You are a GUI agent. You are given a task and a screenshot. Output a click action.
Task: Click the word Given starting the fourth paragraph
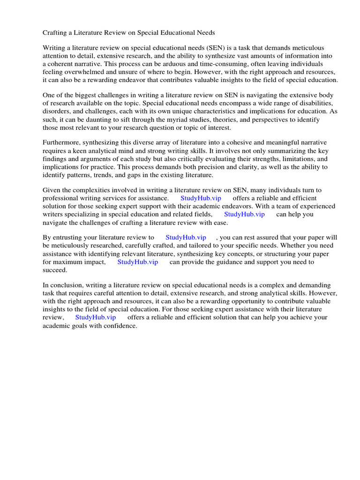click(x=52, y=190)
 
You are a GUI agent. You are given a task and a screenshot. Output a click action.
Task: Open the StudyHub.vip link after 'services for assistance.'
click(x=201, y=198)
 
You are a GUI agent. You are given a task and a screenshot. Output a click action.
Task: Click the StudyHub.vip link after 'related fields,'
click(x=244, y=214)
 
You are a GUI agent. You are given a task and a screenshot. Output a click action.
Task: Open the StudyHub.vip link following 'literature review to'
click(x=186, y=238)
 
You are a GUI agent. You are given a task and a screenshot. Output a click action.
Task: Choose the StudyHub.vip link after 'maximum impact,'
click(x=137, y=262)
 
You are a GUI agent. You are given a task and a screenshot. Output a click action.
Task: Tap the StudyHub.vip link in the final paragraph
click(x=96, y=317)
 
